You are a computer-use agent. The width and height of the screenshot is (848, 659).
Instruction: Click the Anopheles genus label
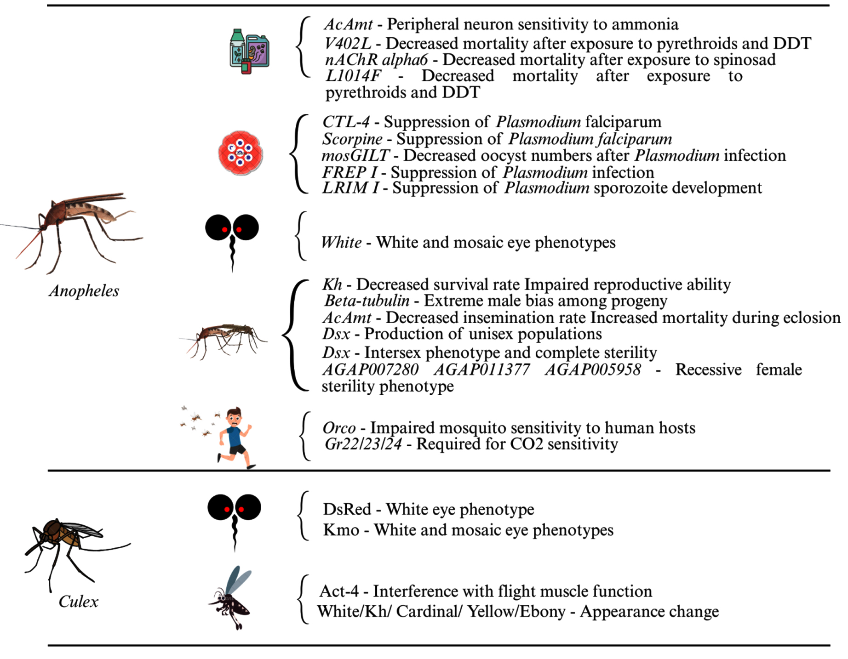(84, 291)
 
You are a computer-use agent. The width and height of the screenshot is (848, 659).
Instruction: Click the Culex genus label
(79, 602)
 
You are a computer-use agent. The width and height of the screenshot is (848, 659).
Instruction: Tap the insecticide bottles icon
(250, 51)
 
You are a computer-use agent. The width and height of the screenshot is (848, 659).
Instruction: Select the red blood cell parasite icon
(240, 153)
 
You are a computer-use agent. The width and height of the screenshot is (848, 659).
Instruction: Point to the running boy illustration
(235, 437)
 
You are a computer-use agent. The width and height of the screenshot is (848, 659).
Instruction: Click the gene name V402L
(348, 43)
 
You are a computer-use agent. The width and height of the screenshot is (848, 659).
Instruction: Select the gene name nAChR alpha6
(376, 60)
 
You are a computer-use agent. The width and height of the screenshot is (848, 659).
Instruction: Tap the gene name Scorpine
(352, 139)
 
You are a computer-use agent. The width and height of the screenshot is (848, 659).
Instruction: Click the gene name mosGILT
(355, 156)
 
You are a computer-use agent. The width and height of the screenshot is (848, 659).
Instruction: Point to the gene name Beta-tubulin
(367, 301)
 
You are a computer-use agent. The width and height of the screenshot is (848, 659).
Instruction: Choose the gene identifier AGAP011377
(481, 369)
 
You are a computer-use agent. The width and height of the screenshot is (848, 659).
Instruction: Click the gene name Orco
(339, 428)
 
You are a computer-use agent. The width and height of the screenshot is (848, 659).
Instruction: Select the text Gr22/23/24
(363, 444)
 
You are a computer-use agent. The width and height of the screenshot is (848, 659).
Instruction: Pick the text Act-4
(339, 591)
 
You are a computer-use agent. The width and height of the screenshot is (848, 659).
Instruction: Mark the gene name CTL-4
(346, 122)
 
